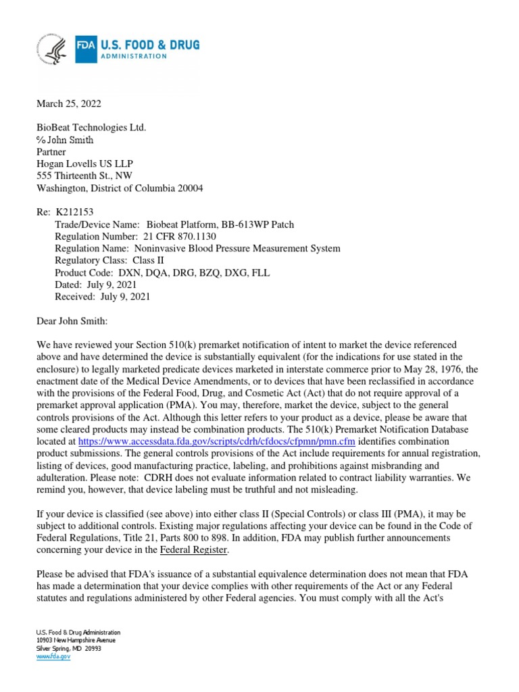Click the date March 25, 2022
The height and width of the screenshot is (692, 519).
point(68,103)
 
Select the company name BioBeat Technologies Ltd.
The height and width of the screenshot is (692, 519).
point(91,128)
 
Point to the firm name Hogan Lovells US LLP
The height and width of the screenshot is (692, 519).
point(83,164)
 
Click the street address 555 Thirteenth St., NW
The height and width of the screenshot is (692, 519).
point(89,176)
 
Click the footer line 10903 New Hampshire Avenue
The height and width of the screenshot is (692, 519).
point(76,640)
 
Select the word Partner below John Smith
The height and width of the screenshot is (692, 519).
point(51,152)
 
